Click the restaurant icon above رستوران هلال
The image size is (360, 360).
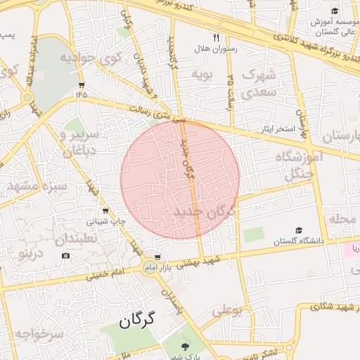(x=217, y=38)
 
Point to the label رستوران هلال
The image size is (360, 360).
(x=218, y=50)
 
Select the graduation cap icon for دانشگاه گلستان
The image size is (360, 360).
(x=298, y=230)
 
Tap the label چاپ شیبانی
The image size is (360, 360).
(x=106, y=221)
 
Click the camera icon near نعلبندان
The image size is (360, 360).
(x=65, y=255)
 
